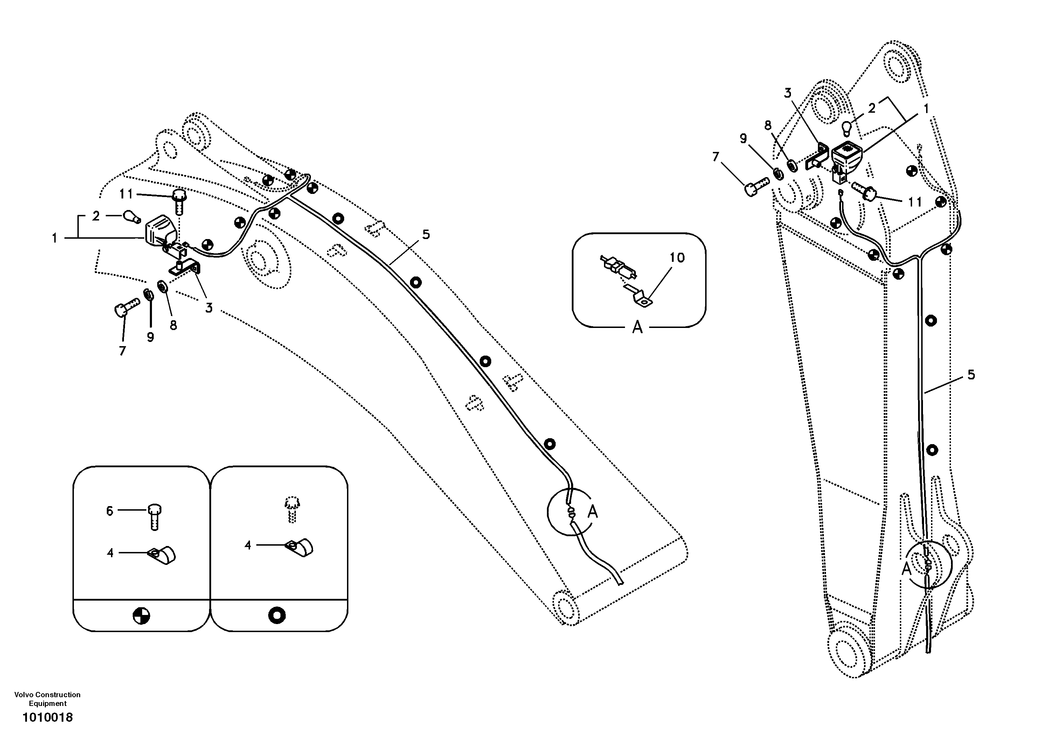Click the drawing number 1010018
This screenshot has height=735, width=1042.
pos(47,717)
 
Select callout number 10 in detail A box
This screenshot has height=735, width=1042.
pos(677,258)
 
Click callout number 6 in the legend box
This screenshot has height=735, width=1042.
pos(109,511)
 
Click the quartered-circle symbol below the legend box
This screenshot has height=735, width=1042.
pos(141,616)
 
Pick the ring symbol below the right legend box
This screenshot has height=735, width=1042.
pos(277,615)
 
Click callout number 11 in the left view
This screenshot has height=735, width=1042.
pos(126,194)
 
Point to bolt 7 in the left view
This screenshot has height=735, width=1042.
pos(125,306)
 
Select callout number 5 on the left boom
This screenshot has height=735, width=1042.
pos(426,234)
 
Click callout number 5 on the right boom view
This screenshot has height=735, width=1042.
pos(971,375)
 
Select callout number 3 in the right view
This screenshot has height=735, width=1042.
pos(787,93)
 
